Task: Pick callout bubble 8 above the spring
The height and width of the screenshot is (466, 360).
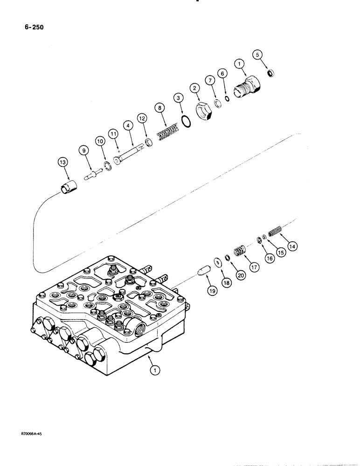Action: click(x=160, y=108)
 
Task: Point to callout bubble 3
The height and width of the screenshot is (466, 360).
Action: click(x=178, y=98)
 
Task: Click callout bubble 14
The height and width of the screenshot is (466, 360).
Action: click(x=294, y=245)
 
